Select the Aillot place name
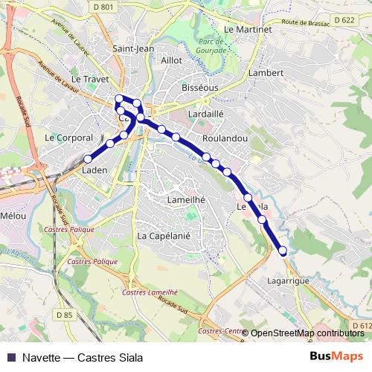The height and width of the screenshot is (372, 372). tap(171, 60)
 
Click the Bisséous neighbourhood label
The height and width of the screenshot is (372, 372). tap(199, 87)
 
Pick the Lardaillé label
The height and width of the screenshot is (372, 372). tap(207, 114)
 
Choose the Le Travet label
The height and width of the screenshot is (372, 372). tap(90, 78)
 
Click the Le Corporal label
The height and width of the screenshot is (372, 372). tap(68, 138)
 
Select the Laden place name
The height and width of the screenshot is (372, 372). tap(94, 170)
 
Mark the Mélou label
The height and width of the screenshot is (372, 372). tap(14, 215)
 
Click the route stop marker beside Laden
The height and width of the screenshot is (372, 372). tap(87, 158)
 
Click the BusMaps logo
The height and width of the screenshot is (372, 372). tap(336, 356)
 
